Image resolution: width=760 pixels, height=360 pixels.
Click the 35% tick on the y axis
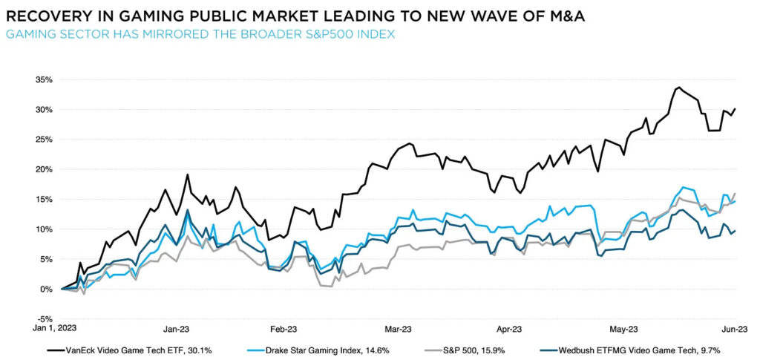tap(40, 79)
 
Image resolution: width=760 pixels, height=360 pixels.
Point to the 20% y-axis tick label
tap(40, 169)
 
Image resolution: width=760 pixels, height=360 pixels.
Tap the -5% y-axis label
tap(42, 319)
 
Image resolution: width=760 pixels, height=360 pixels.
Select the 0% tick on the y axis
tap(43, 289)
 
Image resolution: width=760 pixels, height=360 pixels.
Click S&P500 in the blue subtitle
tap(320, 34)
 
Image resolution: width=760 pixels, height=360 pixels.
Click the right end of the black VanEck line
tap(735, 109)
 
